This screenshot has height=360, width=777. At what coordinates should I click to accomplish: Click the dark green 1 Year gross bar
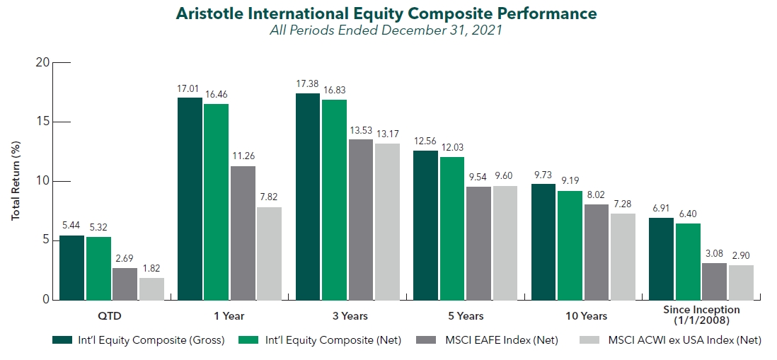pyautogui.click(x=190, y=199)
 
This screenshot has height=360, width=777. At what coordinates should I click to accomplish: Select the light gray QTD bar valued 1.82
pyautogui.click(x=151, y=289)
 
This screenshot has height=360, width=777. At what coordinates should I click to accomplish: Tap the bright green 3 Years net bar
pyautogui.click(x=334, y=199)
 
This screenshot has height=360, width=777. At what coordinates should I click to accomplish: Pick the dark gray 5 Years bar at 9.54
pyautogui.click(x=478, y=243)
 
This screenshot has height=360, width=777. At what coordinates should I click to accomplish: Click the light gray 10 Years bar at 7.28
pyautogui.click(x=623, y=257)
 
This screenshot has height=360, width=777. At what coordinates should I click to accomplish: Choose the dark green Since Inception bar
pyautogui.click(x=661, y=258)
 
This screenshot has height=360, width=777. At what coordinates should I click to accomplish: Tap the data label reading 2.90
pyautogui.click(x=742, y=255)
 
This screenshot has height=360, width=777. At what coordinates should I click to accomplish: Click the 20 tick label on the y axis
pyautogui.click(x=44, y=63)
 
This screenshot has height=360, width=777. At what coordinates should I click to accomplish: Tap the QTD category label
pyautogui.click(x=112, y=315)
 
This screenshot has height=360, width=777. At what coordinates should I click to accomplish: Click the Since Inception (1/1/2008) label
pyautogui.click(x=701, y=315)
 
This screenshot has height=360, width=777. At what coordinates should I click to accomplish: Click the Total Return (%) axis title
pyautogui.click(x=16, y=181)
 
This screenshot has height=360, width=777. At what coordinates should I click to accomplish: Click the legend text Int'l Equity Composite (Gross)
pyautogui.click(x=151, y=340)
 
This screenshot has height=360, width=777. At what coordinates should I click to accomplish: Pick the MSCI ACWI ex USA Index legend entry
pyautogui.click(x=669, y=340)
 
